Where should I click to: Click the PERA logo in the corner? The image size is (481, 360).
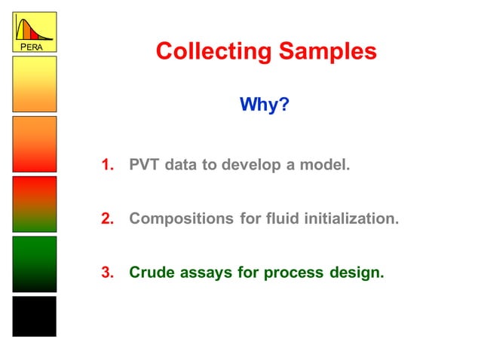click(x=34, y=32)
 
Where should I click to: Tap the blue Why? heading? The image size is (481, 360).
click(x=265, y=104)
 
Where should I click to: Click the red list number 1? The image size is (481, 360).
click(x=108, y=164)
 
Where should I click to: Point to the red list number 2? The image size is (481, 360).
click(x=108, y=219)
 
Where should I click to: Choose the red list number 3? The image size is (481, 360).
click(x=108, y=273)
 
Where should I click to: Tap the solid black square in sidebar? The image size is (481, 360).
click(x=34, y=316)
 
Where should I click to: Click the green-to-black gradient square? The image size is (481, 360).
click(x=34, y=264)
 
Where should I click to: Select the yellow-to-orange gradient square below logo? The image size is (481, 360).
click(x=34, y=84)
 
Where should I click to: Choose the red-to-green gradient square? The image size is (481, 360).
click(x=34, y=204)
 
